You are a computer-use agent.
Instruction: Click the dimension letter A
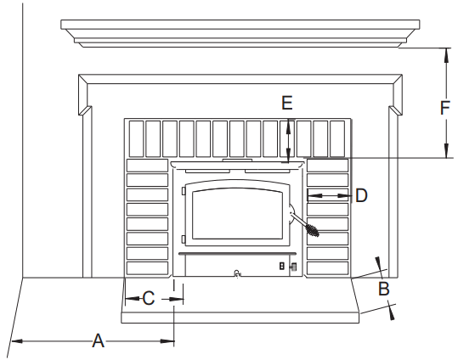pyautogui.click(x=98, y=341)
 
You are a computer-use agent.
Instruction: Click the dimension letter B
pyautogui.click(x=383, y=289)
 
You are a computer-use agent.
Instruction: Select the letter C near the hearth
pyautogui.click(x=148, y=298)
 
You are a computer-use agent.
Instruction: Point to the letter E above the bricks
pyautogui.click(x=286, y=104)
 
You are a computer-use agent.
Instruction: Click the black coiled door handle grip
pyautogui.click(x=312, y=229)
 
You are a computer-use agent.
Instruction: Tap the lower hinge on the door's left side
pyautogui.click(x=183, y=239)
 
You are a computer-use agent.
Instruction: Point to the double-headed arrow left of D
pyautogui.click(x=328, y=195)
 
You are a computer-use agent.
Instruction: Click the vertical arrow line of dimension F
pyautogui.click(x=445, y=103)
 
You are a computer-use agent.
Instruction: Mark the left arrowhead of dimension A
pyautogui.click(x=14, y=341)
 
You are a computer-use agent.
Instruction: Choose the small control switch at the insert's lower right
pyautogui.click(x=288, y=267)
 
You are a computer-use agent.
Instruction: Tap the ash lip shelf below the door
pyautogui.click(x=238, y=252)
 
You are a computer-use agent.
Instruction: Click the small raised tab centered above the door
pyautogui.click(x=237, y=159)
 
